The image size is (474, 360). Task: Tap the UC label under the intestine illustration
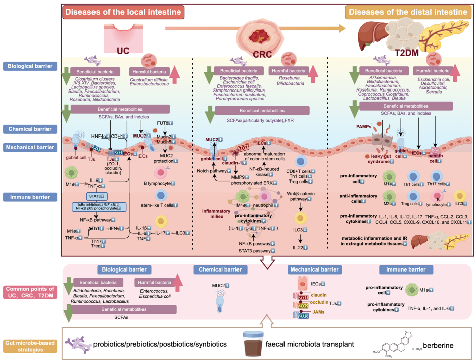123,51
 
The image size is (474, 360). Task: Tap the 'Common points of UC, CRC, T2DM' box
29,292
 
